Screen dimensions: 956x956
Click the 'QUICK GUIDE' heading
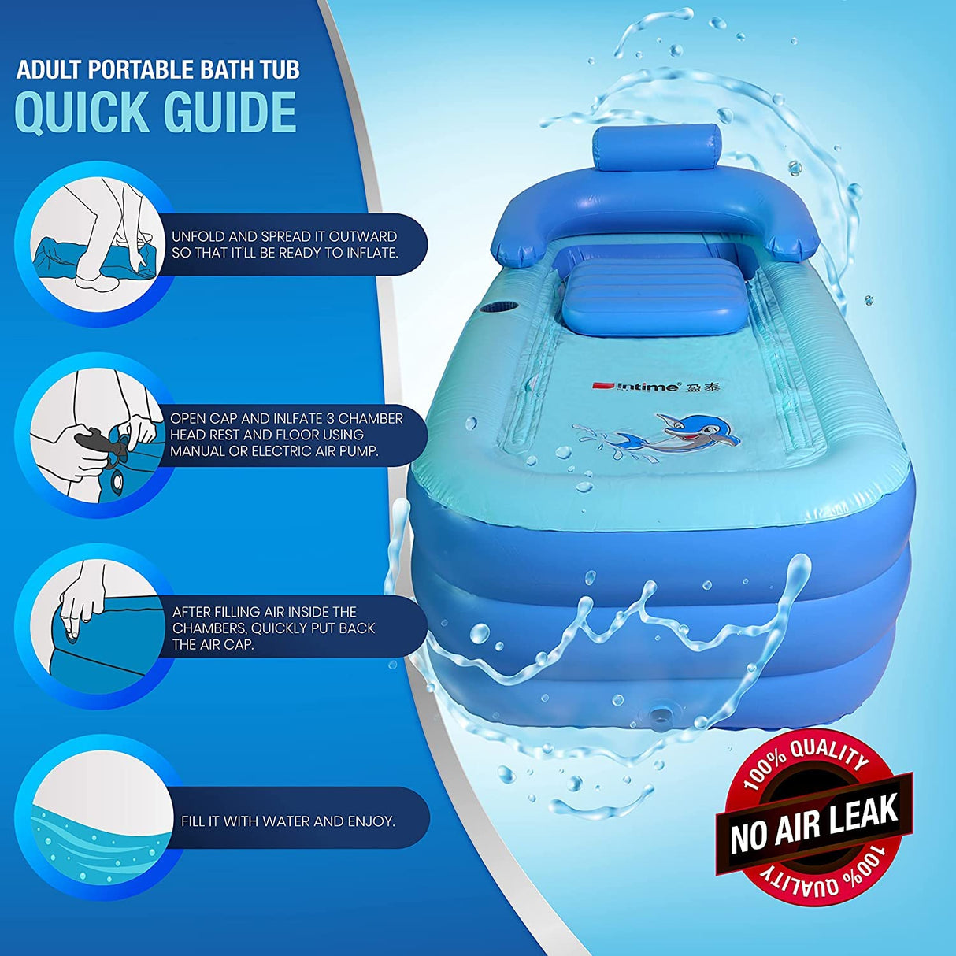coord(156,113)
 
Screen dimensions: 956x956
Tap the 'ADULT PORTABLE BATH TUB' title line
coord(158,69)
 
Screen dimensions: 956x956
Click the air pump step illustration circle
coord(94,434)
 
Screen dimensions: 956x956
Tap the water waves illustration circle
coord(94,819)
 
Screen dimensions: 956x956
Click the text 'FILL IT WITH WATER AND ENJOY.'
coord(288,821)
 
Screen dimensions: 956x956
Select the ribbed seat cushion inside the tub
coord(657,288)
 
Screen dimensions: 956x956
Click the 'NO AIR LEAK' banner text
coord(815,824)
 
